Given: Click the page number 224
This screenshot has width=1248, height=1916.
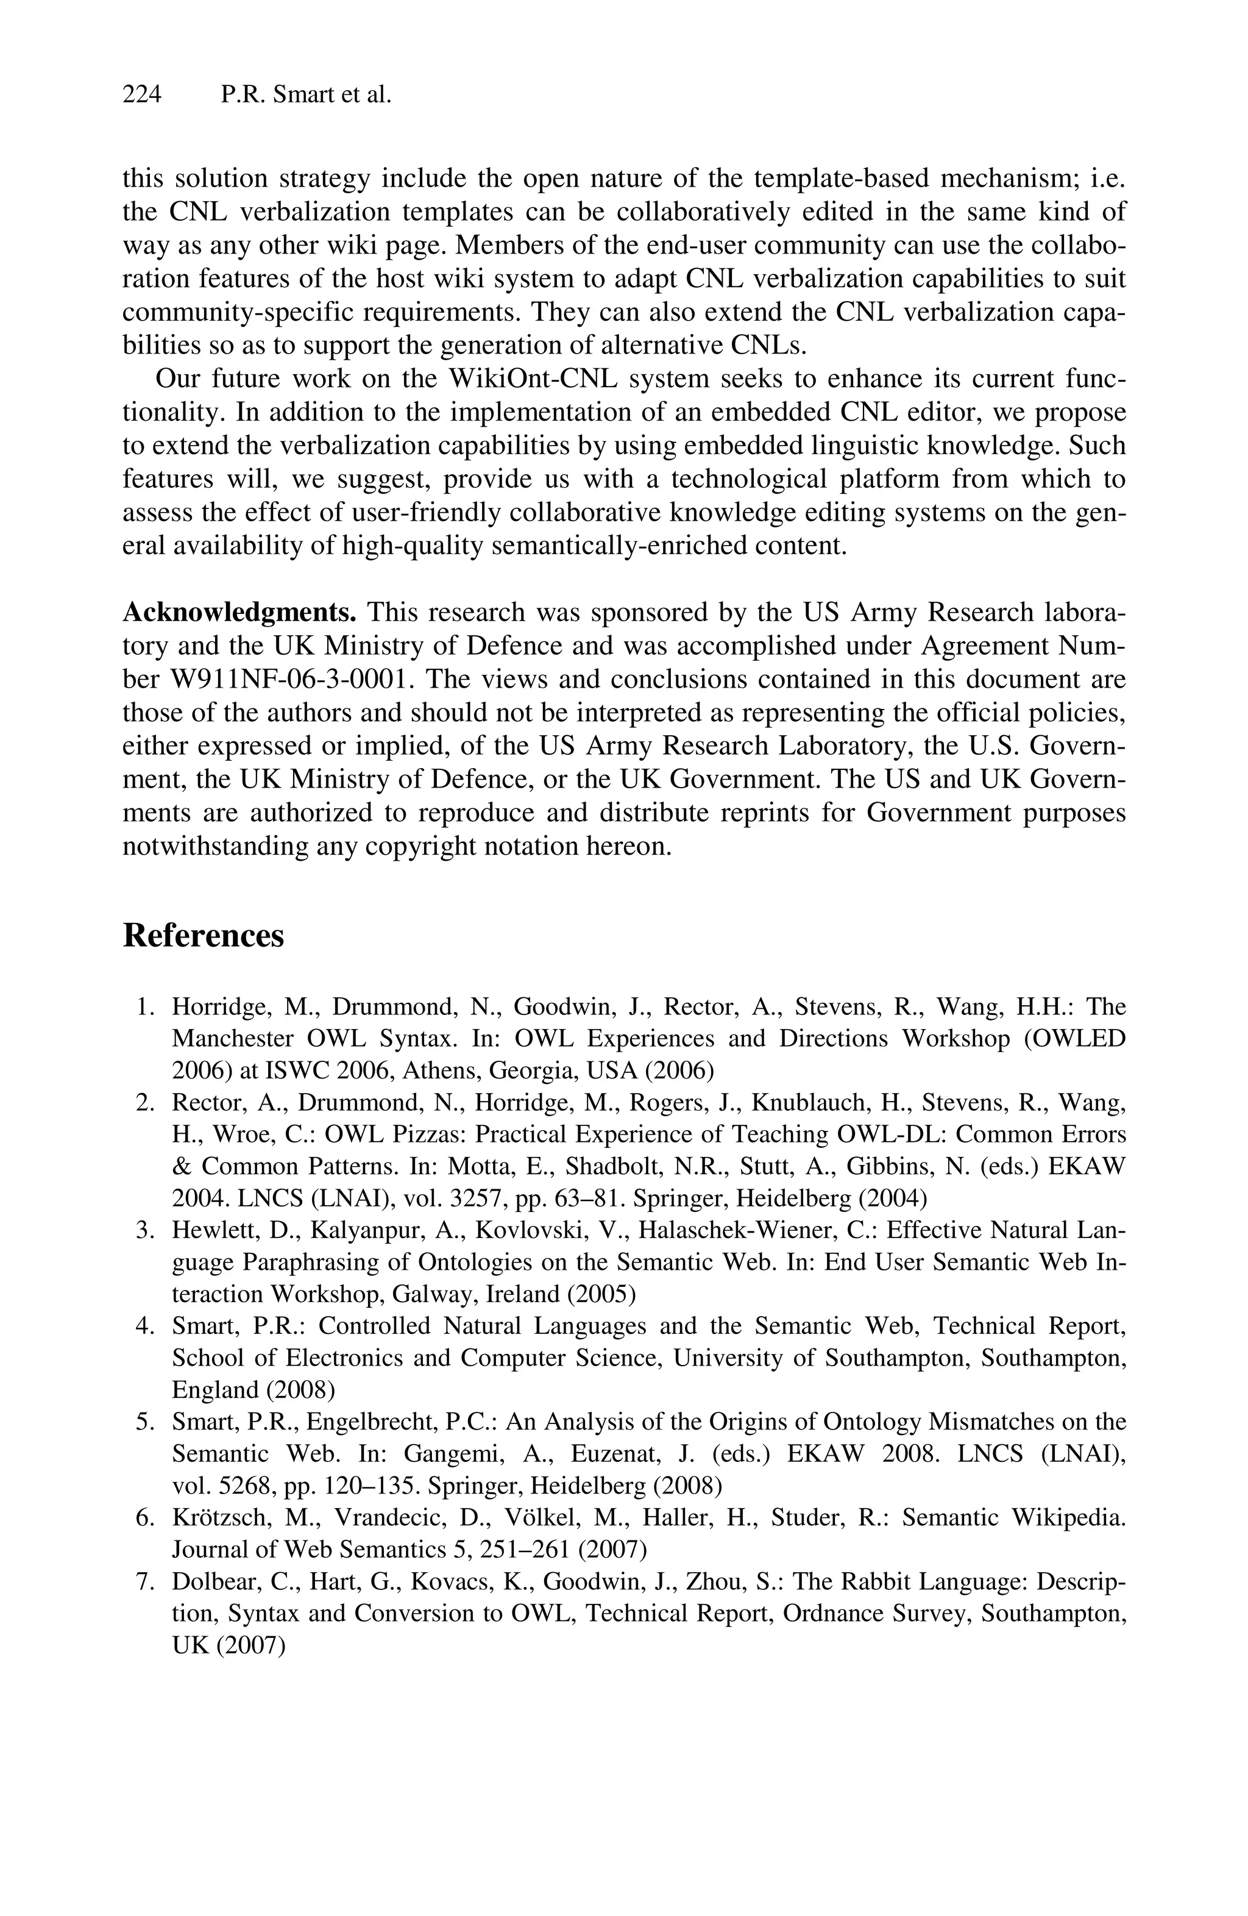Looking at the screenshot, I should (141, 95).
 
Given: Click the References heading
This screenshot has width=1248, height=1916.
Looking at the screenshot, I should (203, 936).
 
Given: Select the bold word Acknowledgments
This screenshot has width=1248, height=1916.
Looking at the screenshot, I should (239, 613).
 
